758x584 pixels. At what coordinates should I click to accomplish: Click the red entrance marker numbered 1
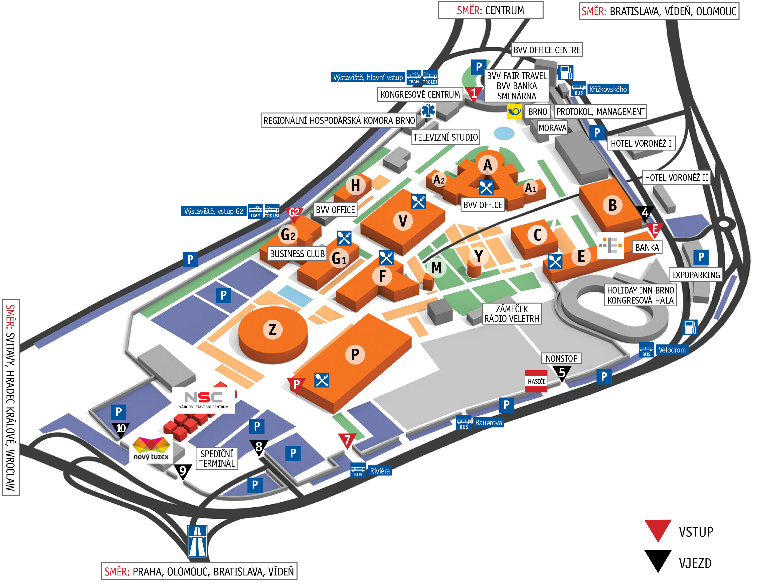tap(474, 94)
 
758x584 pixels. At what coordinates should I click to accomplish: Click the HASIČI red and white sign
tap(536, 381)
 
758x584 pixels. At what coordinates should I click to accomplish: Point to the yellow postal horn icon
tap(515, 111)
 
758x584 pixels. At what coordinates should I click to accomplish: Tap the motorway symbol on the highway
tap(197, 541)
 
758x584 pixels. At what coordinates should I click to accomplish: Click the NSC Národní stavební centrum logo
tap(203, 400)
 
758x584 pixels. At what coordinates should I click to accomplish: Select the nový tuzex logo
tap(151, 450)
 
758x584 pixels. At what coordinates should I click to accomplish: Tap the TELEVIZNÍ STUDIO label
tap(446, 137)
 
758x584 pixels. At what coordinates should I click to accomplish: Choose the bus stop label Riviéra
tap(380, 471)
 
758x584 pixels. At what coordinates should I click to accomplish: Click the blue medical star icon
tap(428, 110)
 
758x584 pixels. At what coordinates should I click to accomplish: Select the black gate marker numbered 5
tap(562, 373)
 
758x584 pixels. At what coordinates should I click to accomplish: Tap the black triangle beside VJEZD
tap(658, 560)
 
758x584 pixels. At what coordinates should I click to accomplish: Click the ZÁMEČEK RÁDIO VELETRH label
tap(512, 314)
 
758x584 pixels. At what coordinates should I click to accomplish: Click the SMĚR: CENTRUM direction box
tap(490, 10)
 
